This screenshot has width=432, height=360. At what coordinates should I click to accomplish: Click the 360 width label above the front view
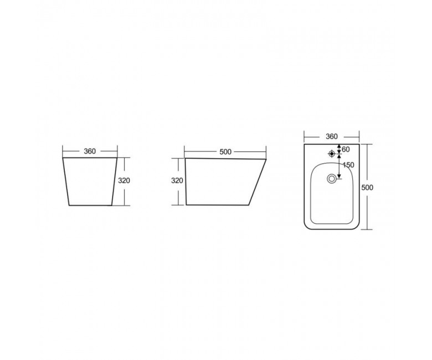[x=90, y=151]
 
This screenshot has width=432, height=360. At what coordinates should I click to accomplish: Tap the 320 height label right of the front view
[x=124, y=181]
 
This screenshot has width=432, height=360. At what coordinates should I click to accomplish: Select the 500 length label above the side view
[x=225, y=152]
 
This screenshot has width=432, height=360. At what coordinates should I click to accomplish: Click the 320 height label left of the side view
[x=177, y=181]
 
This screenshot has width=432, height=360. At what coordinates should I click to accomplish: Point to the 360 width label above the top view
[x=332, y=137]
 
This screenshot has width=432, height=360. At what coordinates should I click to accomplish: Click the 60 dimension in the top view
[x=346, y=150]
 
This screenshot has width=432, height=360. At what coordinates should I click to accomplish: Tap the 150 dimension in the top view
[x=348, y=165]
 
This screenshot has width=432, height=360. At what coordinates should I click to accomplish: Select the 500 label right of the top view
[x=367, y=188]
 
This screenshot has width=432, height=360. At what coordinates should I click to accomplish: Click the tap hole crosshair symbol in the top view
[x=332, y=153]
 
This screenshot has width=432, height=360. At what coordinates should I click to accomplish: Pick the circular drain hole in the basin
[x=332, y=178]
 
